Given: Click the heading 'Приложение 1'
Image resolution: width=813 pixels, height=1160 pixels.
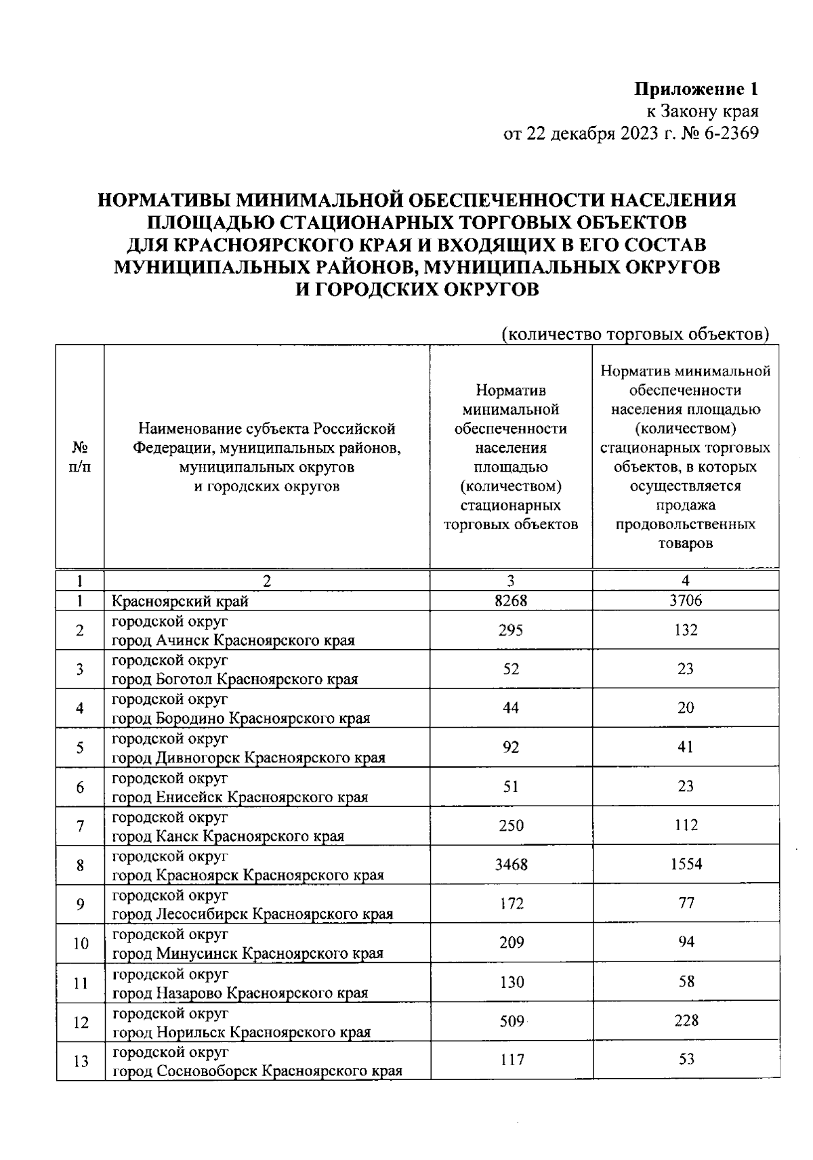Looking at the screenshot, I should pyautogui.click(x=696, y=89).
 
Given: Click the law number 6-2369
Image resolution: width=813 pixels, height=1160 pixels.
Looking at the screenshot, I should pyautogui.click(x=732, y=133).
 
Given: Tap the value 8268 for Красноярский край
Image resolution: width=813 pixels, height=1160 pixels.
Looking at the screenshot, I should pyautogui.click(x=511, y=600).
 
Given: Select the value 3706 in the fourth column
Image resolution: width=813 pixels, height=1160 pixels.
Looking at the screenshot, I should pyautogui.click(x=686, y=600).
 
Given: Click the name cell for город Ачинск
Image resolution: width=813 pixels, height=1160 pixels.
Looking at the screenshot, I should pyautogui.click(x=233, y=631).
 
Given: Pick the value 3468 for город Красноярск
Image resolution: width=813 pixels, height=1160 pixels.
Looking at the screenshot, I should pyautogui.click(x=511, y=865).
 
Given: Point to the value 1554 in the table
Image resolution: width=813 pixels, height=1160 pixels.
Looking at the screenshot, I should pyautogui.click(x=686, y=865).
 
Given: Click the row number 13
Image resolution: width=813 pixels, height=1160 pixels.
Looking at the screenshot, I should pyautogui.click(x=81, y=1061).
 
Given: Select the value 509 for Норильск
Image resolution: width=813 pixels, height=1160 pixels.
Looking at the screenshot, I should pyautogui.click(x=512, y=1021).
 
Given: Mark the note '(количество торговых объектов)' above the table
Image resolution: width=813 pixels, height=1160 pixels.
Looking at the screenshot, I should pyautogui.click(x=635, y=334).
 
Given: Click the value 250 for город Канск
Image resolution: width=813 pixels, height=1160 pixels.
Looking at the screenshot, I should pyautogui.click(x=511, y=825).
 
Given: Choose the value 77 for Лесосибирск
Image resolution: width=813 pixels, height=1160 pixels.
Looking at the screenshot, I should pyautogui.click(x=686, y=904).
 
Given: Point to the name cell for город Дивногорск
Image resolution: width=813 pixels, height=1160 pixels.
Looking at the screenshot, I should pyautogui.click(x=248, y=748).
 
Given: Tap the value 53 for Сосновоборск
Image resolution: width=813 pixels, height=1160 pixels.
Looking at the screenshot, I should pyautogui.click(x=686, y=1060).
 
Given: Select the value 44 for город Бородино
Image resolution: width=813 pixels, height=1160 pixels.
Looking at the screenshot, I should pyautogui.click(x=511, y=708).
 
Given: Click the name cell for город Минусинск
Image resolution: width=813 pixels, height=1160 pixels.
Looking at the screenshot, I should pyautogui.click(x=247, y=944).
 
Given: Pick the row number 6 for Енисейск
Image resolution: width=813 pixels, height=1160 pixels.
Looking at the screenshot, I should pyautogui.click(x=80, y=787).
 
